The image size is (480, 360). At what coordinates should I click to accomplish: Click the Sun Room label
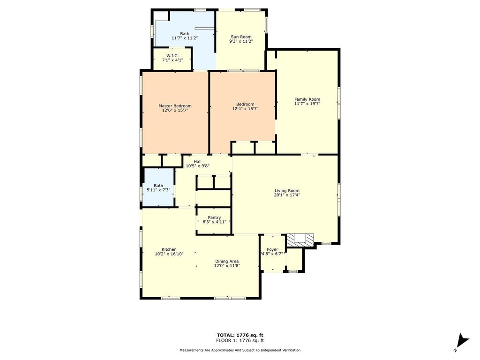241,37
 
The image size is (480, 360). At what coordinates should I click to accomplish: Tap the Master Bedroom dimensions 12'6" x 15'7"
175,110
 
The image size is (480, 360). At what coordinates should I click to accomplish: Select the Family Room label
307,99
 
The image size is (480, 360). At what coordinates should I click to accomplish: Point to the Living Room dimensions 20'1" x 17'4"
287,195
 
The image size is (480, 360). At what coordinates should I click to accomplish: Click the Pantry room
214,220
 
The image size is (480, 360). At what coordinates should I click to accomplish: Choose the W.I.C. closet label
172,56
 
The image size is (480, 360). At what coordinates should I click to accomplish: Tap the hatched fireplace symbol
300,240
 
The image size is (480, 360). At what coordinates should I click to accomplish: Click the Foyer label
272,249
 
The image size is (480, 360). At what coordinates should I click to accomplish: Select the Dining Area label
227,262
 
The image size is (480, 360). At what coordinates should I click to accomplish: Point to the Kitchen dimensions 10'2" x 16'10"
169,254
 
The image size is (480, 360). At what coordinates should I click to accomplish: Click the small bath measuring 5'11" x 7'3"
158,187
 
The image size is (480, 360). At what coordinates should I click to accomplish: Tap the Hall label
197,162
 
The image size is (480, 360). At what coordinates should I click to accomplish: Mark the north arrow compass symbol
462,342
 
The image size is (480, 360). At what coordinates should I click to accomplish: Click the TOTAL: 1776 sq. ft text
240,335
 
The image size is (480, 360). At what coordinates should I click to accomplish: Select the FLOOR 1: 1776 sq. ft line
240,340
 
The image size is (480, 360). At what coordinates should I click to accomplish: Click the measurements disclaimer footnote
240,350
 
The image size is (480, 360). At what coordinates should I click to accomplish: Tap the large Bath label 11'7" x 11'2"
185,36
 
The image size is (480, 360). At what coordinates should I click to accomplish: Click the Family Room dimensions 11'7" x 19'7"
307,104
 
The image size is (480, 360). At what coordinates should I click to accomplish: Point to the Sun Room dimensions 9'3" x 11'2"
241,41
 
